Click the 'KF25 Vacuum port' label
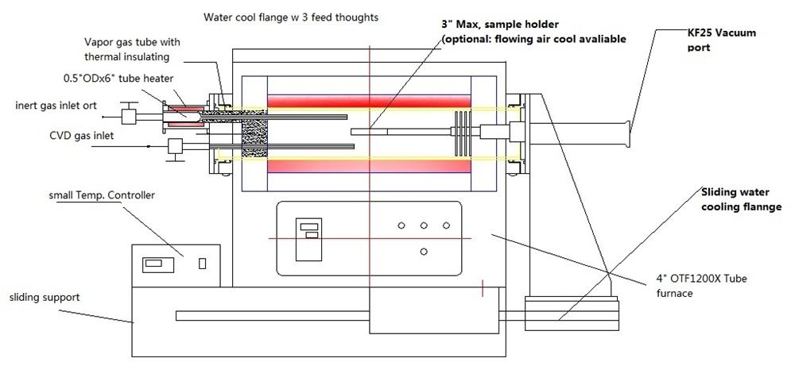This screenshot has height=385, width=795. point(722,40)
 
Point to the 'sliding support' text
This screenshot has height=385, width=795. point(45,297)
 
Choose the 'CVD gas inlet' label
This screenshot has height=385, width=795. point(81,136)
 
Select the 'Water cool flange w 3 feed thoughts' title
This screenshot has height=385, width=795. point(291,17)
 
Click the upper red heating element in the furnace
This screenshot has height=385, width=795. point(370,102)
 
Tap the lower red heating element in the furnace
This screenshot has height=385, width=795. point(370,167)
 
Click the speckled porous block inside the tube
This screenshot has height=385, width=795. point(254,138)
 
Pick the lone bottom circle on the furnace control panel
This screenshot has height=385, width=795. point(424,252)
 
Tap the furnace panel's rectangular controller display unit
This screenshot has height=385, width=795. point(308,239)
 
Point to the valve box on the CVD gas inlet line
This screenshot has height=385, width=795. point(176,145)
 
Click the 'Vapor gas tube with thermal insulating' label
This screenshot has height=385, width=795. point(131,49)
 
